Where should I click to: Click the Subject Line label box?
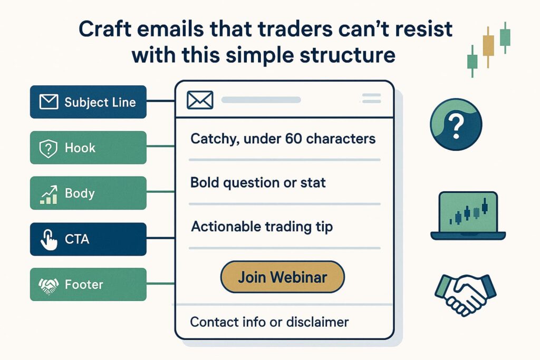pyautogui.click(x=88, y=102)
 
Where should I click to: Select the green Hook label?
pyautogui.click(x=88, y=148)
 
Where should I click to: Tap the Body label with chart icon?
pyautogui.click(x=88, y=193)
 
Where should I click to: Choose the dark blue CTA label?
pyautogui.click(x=88, y=239)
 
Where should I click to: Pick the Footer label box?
pyautogui.click(x=88, y=285)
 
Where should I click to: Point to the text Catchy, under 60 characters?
pyautogui.click(x=283, y=139)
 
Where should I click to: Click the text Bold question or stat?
pyautogui.click(x=258, y=183)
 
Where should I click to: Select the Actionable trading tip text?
pyautogui.click(x=262, y=227)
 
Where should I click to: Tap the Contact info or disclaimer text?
pyautogui.click(x=269, y=322)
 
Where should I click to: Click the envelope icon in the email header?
pyautogui.click(x=200, y=100)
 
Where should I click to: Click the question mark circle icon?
pyautogui.click(x=456, y=125)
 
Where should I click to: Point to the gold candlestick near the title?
pyautogui.click(x=488, y=45)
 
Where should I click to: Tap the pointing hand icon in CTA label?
pyautogui.click(x=48, y=240)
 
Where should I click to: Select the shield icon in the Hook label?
pyautogui.click(x=48, y=148)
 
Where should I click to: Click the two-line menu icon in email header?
pyautogui.click(x=372, y=98)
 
